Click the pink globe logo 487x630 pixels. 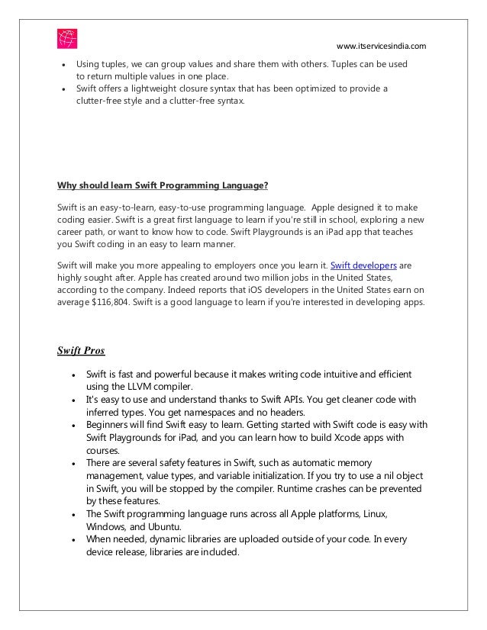[67, 38]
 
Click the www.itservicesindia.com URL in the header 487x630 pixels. [381, 47]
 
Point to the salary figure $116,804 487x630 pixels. [111, 302]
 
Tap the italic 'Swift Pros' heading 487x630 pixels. [81, 351]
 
